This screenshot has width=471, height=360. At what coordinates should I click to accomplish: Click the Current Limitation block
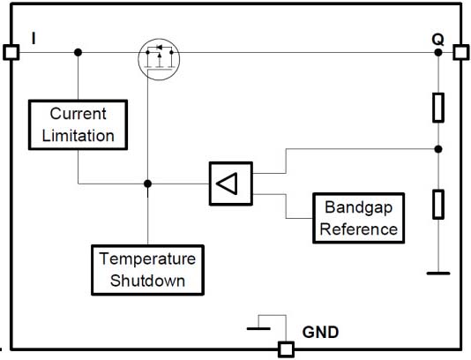[x=78, y=124]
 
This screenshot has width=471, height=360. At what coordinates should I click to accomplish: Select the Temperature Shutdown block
[x=148, y=270]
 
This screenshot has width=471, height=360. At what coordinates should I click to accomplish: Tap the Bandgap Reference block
[x=359, y=218]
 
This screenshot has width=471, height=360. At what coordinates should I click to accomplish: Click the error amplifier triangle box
[x=231, y=184]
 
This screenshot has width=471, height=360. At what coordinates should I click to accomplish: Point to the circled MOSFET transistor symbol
[x=159, y=59]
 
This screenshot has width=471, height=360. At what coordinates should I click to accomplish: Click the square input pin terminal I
[x=11, y=52]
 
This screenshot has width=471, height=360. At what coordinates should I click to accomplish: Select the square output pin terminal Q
[x=460, y=52]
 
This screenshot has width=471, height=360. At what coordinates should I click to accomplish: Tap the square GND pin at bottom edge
[x=286, y=349]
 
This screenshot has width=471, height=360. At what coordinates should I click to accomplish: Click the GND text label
[x=320, y=333]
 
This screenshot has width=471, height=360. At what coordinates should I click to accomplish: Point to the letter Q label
[x=437, y=40]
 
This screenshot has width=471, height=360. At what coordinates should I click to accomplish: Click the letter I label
[x=34, y=39]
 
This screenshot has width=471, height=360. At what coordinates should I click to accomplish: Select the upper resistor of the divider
[x=438, y=108]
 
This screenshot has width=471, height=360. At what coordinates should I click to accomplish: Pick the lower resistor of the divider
[x=438, y=205]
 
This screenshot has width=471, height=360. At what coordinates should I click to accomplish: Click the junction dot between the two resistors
[x=438, y=149]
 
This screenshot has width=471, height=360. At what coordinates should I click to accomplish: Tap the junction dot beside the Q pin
[x=438, y=53]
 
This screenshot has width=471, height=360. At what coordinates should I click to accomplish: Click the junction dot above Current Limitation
[x=78, y=53]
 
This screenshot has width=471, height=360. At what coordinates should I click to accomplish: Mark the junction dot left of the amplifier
[x=147, y=184]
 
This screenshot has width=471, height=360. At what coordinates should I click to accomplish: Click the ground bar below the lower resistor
[x=438, y=274]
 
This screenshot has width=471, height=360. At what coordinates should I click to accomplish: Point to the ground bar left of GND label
[x=258, y=329]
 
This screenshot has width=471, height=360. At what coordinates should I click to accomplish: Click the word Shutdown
[x=147, y=281]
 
